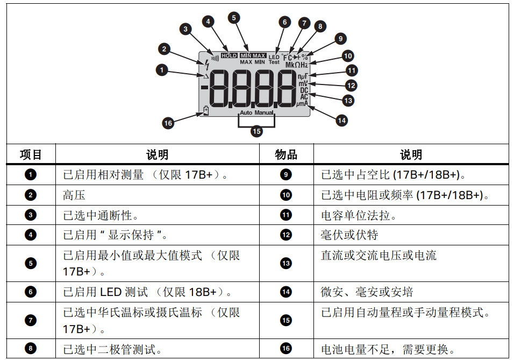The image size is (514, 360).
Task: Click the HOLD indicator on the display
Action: pos(229,55)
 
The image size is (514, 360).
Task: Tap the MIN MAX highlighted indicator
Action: pos(253,55)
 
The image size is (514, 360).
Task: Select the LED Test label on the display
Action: pos(274,59)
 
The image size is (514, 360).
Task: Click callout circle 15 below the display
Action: pos(256,131)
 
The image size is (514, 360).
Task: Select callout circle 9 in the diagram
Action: pos(339,39)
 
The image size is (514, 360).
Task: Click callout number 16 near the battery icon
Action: pos(168,123)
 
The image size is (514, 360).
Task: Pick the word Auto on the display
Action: pos(246,113)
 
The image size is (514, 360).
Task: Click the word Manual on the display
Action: pos(264,113)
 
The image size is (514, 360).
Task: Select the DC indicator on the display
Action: pos(304,90)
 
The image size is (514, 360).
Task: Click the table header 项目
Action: pos(31,155)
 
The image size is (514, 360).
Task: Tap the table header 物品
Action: pos(286,155)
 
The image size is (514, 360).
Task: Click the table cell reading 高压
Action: pos(74,195)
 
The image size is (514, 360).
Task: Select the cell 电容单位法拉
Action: pos(359,215)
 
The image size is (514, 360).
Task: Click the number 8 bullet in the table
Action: pos(31,348)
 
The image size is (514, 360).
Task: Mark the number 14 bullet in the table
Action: pos(286,292)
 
